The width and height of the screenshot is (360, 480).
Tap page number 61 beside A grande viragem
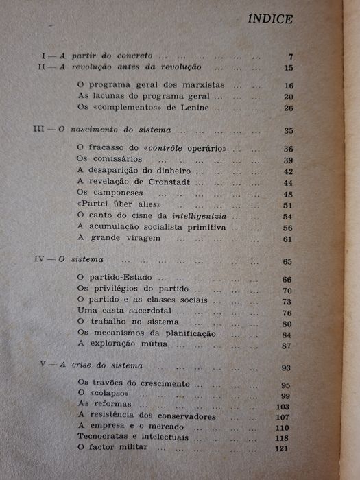287,239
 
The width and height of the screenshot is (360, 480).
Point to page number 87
287,345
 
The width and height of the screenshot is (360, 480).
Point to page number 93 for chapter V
287,368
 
